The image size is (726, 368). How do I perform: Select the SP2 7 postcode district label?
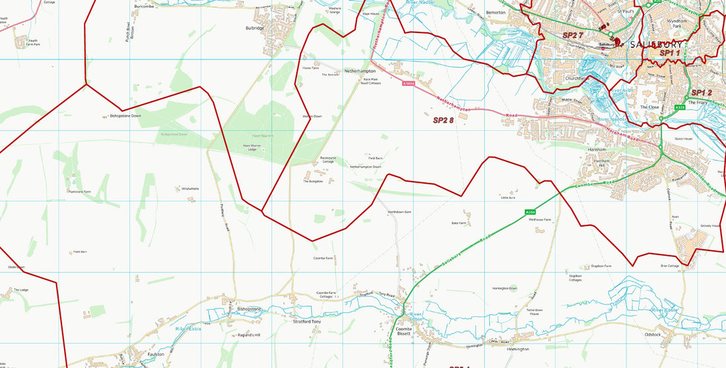point(572,34)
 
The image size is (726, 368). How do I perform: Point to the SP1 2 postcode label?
point(701,92)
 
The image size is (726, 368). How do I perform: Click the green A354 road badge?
point(530,211)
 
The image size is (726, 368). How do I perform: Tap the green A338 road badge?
point(680,107)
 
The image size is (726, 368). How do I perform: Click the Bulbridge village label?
point(255,28)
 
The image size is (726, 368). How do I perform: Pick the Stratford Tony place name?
point(306,322)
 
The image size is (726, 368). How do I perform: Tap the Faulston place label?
point(155,354)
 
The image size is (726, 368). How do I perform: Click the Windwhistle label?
point(190,189)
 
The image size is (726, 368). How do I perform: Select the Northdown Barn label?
point(399,212)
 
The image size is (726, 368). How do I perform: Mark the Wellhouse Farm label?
point(539,219)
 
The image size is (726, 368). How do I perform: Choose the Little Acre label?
point(508,198)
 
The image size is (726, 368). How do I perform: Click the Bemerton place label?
point(495,13)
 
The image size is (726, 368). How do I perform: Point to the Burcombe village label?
point(143,6)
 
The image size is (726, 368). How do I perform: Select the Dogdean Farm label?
point(601,266)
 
